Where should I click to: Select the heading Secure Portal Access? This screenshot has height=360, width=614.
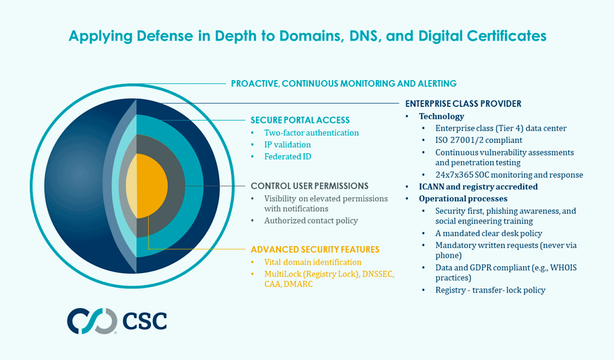tap(300, 120)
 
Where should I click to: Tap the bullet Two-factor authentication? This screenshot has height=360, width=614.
tap(311, 133)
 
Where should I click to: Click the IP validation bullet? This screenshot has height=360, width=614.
tap(287, 145)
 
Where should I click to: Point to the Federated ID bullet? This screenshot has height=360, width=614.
tap(287, 157)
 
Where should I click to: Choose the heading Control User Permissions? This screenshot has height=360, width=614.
tap(309, 186)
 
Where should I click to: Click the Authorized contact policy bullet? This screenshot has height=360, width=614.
tap(310, 220)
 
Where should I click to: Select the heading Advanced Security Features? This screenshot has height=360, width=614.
tap(315, 250)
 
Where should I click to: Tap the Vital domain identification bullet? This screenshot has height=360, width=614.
tap(313, 262)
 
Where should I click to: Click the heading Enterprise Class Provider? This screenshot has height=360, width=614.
tap(463, 103)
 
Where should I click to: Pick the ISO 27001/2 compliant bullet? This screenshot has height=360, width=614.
tap(479, 140)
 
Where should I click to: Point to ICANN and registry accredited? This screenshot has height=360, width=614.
tap(478, 186)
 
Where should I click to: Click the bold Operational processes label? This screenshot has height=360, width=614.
tap(463, 198)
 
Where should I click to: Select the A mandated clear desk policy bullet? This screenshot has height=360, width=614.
tap(488, 233)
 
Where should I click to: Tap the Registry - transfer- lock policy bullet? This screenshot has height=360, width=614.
tap(490, 290)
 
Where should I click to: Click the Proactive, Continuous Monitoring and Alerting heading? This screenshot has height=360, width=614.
tap(344, 83)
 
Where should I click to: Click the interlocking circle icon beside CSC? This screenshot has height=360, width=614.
tap(92, 321)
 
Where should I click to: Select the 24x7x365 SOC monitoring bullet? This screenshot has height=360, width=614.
tap(509, 175)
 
